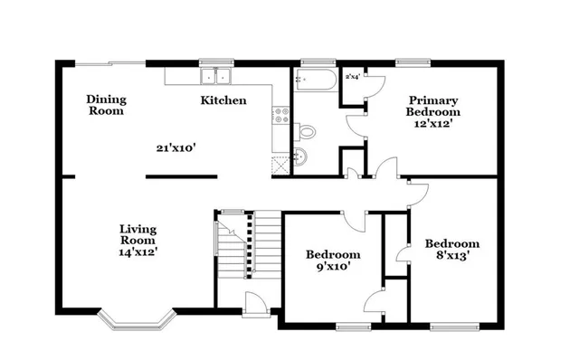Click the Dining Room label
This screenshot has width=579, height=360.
click(106, 105)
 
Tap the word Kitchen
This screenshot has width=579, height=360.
click(223, 100)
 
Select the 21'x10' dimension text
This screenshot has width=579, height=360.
click(176, 146)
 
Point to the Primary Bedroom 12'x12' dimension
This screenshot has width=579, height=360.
click(432, 123)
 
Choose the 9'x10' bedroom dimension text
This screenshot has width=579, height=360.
click(332, 267)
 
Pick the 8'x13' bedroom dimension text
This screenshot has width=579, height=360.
click(451, 256)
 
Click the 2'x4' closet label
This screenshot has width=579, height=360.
click(352, 77)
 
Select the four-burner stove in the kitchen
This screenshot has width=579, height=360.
click(280, 116)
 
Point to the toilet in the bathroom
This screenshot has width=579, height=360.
click(306, 132)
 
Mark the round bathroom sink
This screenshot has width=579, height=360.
click(302, 160)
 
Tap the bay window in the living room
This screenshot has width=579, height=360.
click(135, 319)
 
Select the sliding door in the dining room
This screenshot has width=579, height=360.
click(109, 62)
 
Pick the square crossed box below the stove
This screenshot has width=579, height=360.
click(280, 163)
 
